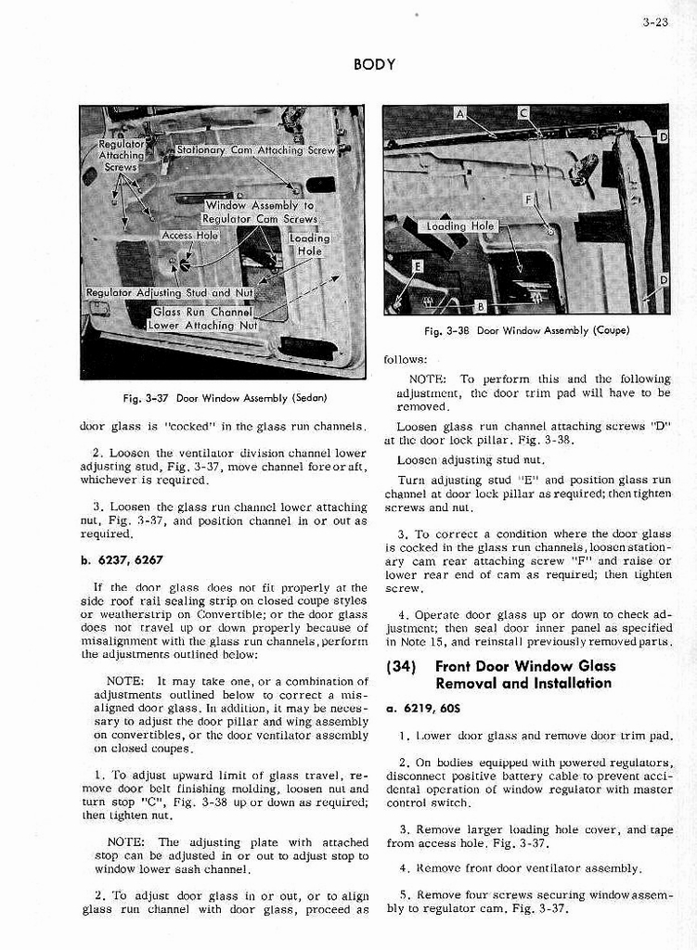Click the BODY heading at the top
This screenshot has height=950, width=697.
pos(375,65)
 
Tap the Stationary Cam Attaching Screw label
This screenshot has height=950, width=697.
pos(256,149)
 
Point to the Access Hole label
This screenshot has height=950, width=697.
pos(190,236)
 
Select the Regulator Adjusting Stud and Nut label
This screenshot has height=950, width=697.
pos(169,293)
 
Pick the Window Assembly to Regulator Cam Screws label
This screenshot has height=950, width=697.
pos(260,212)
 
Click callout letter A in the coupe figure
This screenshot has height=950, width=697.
pos(460,113)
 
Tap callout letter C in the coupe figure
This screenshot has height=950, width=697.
pos(523,113)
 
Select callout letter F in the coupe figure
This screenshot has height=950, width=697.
pos(528,199)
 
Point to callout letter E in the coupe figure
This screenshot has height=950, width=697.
pos(419,266)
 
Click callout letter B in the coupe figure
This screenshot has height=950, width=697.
pos(480,306)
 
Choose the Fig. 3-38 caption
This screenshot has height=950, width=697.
pos(526,331)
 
